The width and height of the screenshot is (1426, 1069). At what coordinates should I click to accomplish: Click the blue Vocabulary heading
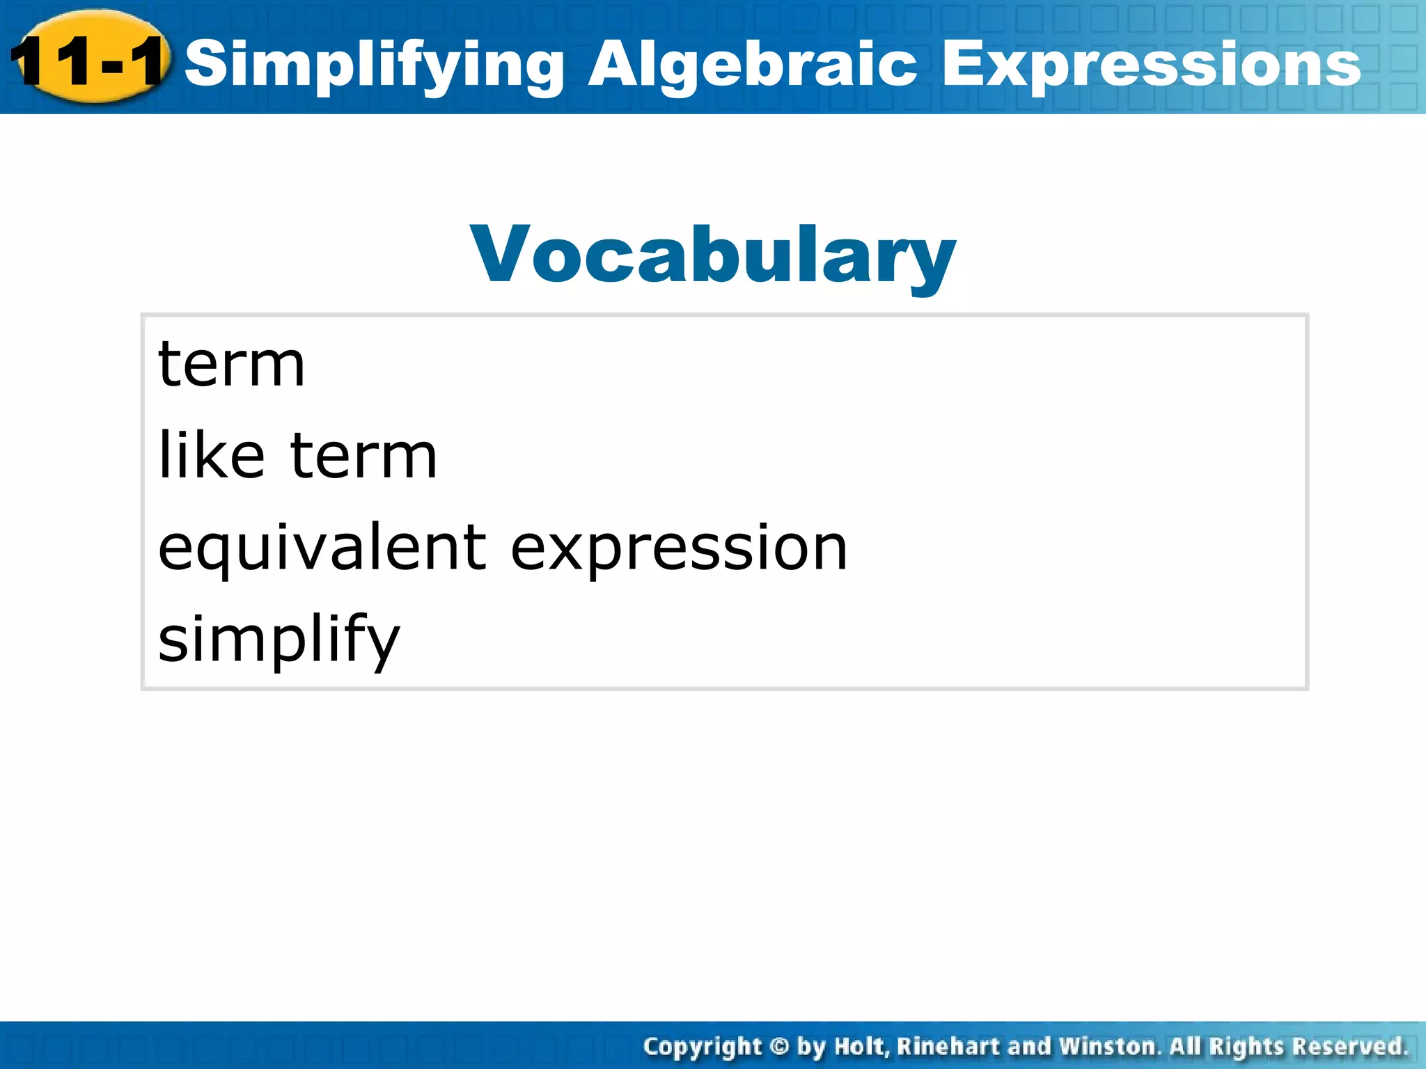pyautogui.click(x=713, y=256)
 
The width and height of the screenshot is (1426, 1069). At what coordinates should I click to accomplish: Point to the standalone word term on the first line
pyautogui.click(x=231, y=365)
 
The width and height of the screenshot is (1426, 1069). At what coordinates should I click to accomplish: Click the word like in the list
pyautogui.click(x=212, y=455)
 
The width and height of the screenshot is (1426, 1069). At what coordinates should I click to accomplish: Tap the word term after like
pyautogui.click(x=363, y=457)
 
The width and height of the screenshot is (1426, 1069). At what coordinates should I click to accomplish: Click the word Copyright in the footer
pyautogui.click(x=702, y=1047)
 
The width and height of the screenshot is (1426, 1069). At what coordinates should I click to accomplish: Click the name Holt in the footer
pyautogui.click(x=861, y=1046)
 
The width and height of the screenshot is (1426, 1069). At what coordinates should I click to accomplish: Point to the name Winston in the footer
pyautogui.click(x=1108, y=1046)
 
